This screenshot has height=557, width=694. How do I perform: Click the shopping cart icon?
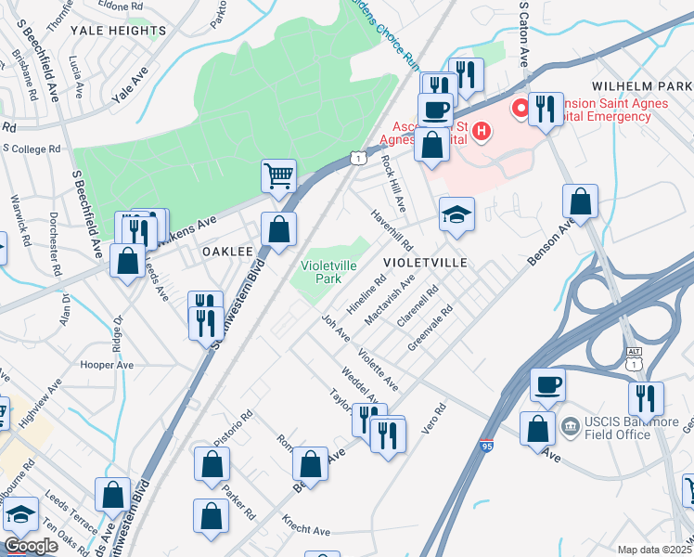pyautogui.click(x=278, y=175)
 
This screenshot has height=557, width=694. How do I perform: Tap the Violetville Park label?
pyautogui.click(x=329, y=271)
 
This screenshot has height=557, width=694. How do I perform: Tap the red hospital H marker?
pyautogui.click(x=481, y=131)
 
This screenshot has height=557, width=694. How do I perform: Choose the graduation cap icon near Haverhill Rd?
pyautogui.click(x=456, y=215)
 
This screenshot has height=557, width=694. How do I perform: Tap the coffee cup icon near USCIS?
pyautogui.click(x=547, y=383)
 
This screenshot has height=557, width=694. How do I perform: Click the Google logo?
pyautogui.click(x=30, y=546)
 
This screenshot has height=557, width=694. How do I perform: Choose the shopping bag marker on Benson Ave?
pyautogui.click(x=580, y=201)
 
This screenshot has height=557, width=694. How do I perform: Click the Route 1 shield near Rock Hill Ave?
pyautogui.click(x=358, y=159)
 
